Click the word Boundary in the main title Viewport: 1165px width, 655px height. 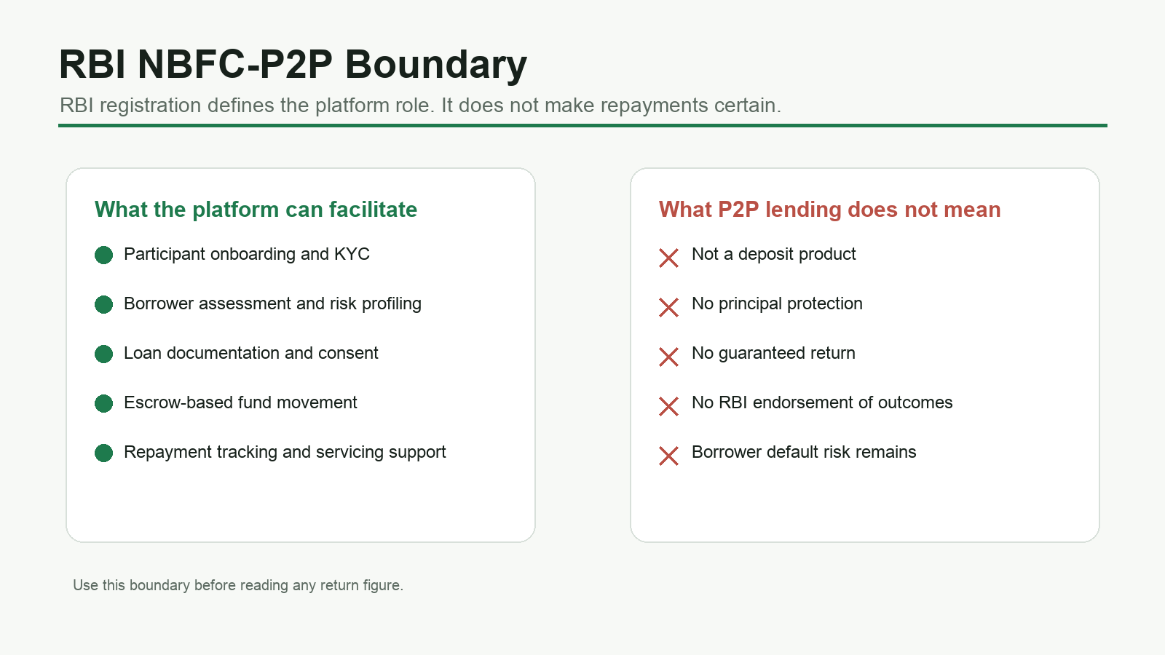click(436, 65)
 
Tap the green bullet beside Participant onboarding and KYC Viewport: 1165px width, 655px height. click(103, 255)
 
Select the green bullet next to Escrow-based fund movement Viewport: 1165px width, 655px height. click(103, 403)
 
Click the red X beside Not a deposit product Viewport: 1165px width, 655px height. click(668, 258)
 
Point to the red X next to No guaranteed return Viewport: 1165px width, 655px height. click(668, 357)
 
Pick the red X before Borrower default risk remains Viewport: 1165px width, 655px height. click(668, 456)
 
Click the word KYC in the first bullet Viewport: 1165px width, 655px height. click(352, 254)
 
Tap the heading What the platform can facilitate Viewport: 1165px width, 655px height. click(256, 210)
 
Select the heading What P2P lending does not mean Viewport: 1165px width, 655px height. click(829, 210)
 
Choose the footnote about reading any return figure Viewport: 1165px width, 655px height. click(238, 585)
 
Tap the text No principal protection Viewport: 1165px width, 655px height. click(777, 303)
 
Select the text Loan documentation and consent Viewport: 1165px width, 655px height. click(250, 353)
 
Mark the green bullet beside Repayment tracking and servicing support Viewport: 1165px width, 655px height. click(103, 453)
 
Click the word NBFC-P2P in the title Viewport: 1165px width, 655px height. click(234, 65)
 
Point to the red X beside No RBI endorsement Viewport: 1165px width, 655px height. click(668, 407)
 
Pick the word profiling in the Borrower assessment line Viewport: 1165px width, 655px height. click(392, 304)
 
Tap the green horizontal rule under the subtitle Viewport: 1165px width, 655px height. click(582, 125)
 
